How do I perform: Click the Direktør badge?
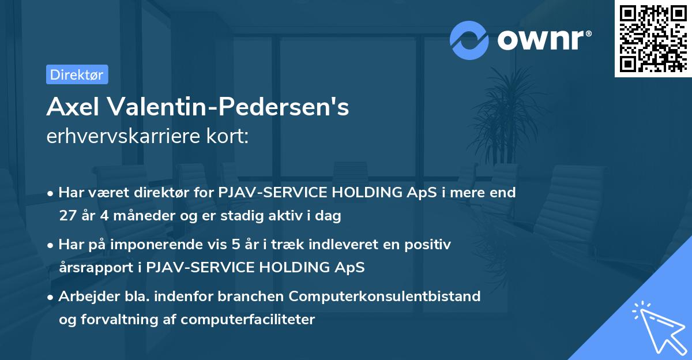[x=77, y=74]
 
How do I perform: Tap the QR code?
[x=653, y=39]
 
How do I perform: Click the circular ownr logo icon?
[x=469, y=40]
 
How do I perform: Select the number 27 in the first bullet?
[x=67, y=216]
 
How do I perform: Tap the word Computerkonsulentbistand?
[x=385, y=297]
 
